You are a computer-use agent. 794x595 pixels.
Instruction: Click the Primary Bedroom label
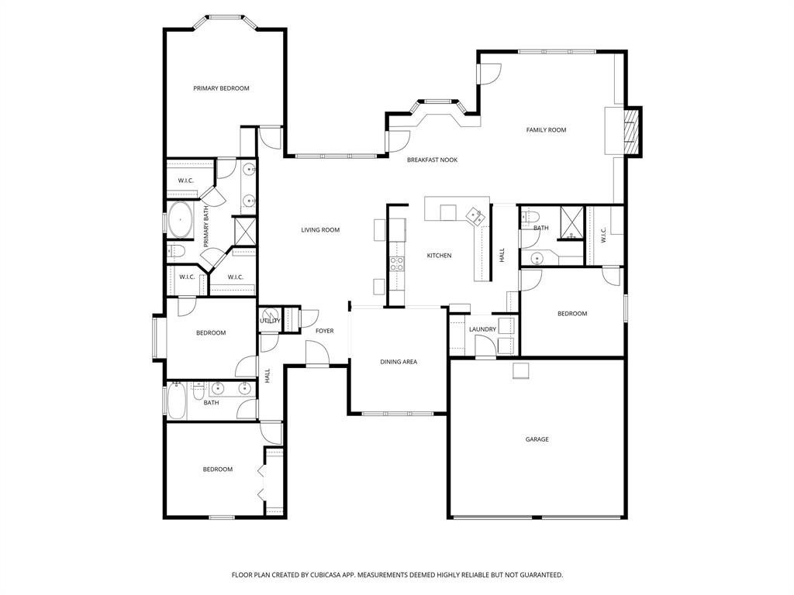coord(221,88)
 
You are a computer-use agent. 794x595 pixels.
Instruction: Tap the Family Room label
coord(546,130)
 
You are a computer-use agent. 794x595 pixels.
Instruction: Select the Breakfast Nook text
coord(432,160)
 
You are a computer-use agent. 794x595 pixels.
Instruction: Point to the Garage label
coord(537,439)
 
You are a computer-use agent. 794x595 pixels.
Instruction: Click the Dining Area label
coord(399,362)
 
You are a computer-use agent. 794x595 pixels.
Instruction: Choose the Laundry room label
coord(482,329)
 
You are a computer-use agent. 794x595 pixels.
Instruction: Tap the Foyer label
coord(324,331)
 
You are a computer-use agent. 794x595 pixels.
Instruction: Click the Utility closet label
coord(270,320)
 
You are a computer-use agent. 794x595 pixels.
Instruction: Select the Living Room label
coord(320,230)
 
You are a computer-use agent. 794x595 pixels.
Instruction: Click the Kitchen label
coord(439,256)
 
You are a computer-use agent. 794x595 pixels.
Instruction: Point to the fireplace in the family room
coord(632,130)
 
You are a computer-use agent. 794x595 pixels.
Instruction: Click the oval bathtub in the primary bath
coord(181,221)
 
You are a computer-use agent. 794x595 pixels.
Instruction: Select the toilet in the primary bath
coord(174,251)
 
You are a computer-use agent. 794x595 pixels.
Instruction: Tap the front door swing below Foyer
coord(317,354)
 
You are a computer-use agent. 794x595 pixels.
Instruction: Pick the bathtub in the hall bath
coord(174,402)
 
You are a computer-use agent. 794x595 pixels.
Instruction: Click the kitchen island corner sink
coord(473,215)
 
